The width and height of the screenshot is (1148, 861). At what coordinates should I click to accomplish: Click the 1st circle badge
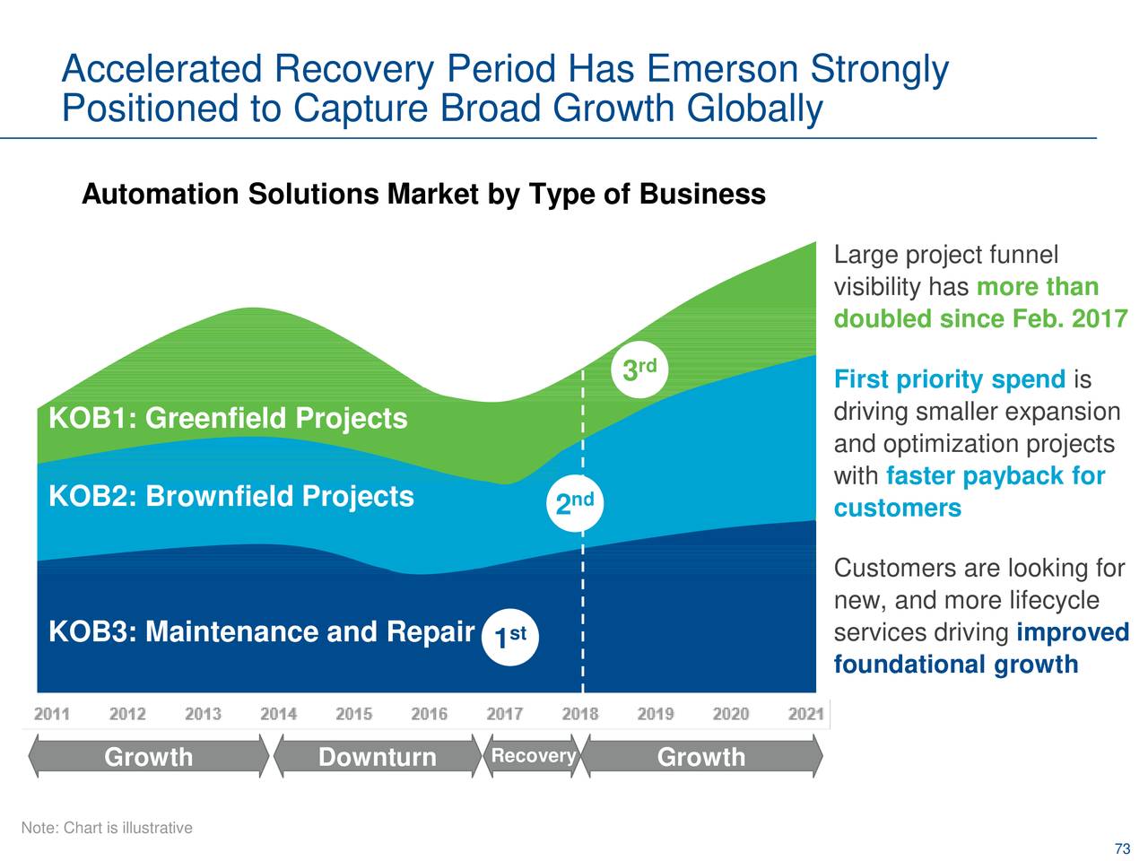(x=510, y=638)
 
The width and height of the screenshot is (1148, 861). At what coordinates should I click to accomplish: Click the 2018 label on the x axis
(x=580, y=714)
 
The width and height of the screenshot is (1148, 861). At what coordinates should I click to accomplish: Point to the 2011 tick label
(x=52, y=714)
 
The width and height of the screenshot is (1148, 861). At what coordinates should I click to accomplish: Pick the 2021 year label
(x=805, y=714)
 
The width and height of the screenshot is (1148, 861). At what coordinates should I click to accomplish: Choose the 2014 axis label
(x=278, y=714)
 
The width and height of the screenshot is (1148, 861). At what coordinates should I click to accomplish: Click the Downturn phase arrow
(x=377, y=757)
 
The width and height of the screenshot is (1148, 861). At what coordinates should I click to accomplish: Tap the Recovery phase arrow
(x=533, y=756)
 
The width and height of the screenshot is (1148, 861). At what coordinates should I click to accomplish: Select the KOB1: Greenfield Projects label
(x=228, y=419)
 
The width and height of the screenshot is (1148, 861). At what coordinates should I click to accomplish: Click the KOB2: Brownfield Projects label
(x=230, y=497)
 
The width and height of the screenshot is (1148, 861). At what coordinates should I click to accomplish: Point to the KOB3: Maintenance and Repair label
(x=261, y=632)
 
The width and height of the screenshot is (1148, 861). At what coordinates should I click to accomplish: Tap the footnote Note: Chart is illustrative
(x=107, y=828)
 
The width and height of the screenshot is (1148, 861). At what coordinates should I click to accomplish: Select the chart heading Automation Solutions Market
(x=423, y=195)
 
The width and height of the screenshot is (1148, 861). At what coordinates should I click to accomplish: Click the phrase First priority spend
(x=949, y=379)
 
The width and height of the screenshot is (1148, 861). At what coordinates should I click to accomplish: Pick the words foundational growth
(x=955, y=665)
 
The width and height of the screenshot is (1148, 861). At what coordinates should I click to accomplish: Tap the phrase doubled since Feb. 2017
(x=979, y=319)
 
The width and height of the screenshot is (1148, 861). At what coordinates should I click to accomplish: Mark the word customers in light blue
(x=897, y=509)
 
